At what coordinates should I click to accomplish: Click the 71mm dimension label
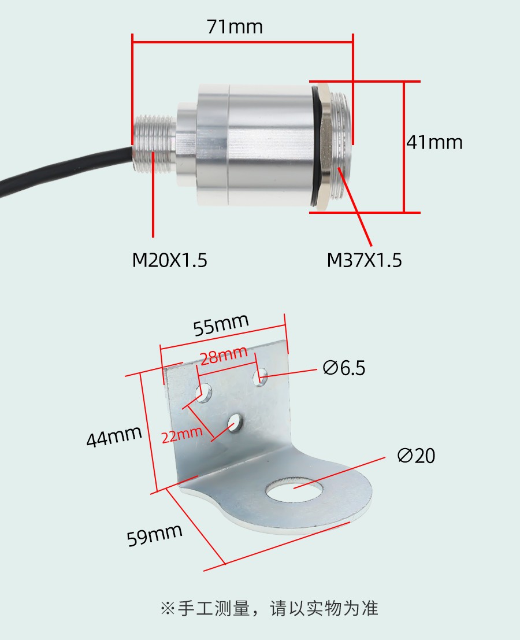tap(235, 27)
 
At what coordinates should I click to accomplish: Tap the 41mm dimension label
tap(434, 142)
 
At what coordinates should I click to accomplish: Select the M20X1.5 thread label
tap(170, 260)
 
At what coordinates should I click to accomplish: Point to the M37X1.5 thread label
tap(364, 260)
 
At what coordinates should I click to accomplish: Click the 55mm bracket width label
tap(221, 325)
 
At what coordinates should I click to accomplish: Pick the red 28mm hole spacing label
tap(224, 355)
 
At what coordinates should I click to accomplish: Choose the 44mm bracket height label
tap(114, 436)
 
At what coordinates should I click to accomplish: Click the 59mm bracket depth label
tap(154, 535)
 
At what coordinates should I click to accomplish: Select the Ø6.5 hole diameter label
tap(344, 368)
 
